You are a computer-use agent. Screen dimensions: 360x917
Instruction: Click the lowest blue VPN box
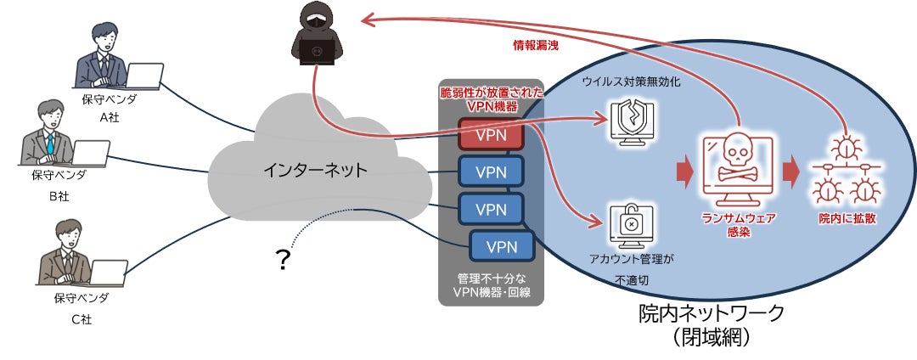502,246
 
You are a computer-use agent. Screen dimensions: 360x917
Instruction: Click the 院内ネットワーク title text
712,312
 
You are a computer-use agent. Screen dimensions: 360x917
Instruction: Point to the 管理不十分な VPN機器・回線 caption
490,284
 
